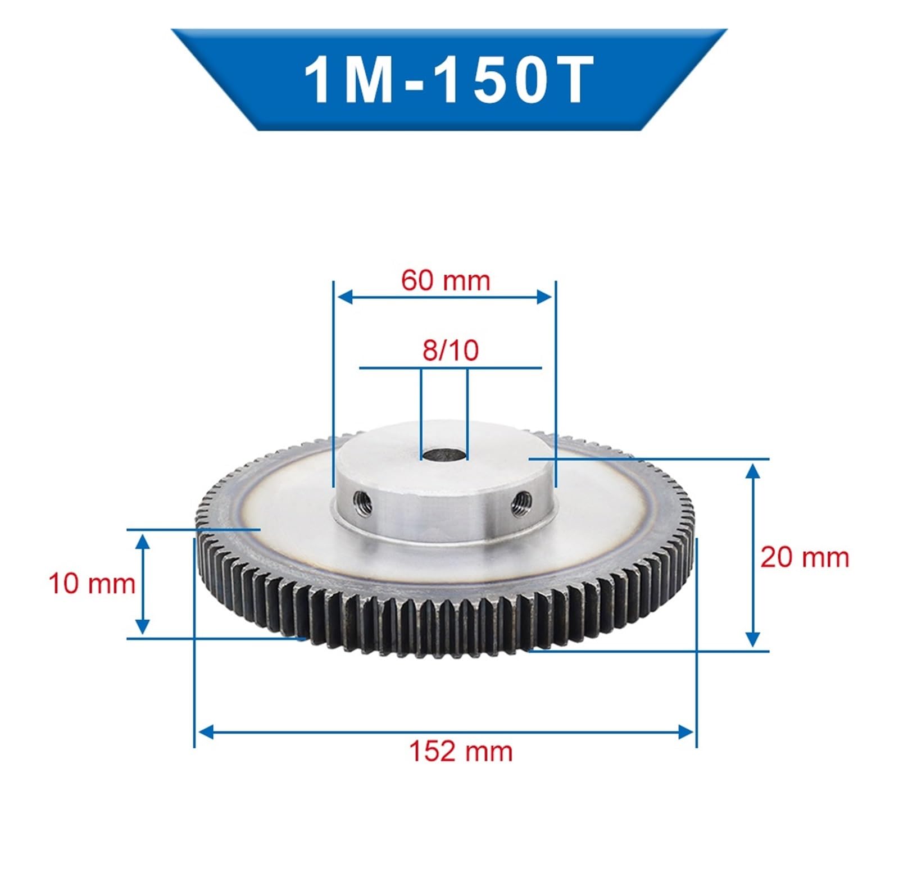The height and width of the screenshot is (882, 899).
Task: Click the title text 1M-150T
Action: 448,79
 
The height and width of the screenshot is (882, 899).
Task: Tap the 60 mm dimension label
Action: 446,280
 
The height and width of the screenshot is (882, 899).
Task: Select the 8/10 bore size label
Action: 450,349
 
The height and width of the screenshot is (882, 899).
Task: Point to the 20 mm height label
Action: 804,558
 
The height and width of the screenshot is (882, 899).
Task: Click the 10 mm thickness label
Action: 92,583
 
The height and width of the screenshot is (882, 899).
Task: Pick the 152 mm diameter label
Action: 461,751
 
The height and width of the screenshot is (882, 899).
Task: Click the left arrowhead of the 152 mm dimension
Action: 206,732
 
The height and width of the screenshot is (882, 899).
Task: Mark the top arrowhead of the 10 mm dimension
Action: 143,540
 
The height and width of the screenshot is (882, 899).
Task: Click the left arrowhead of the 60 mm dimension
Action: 344,297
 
